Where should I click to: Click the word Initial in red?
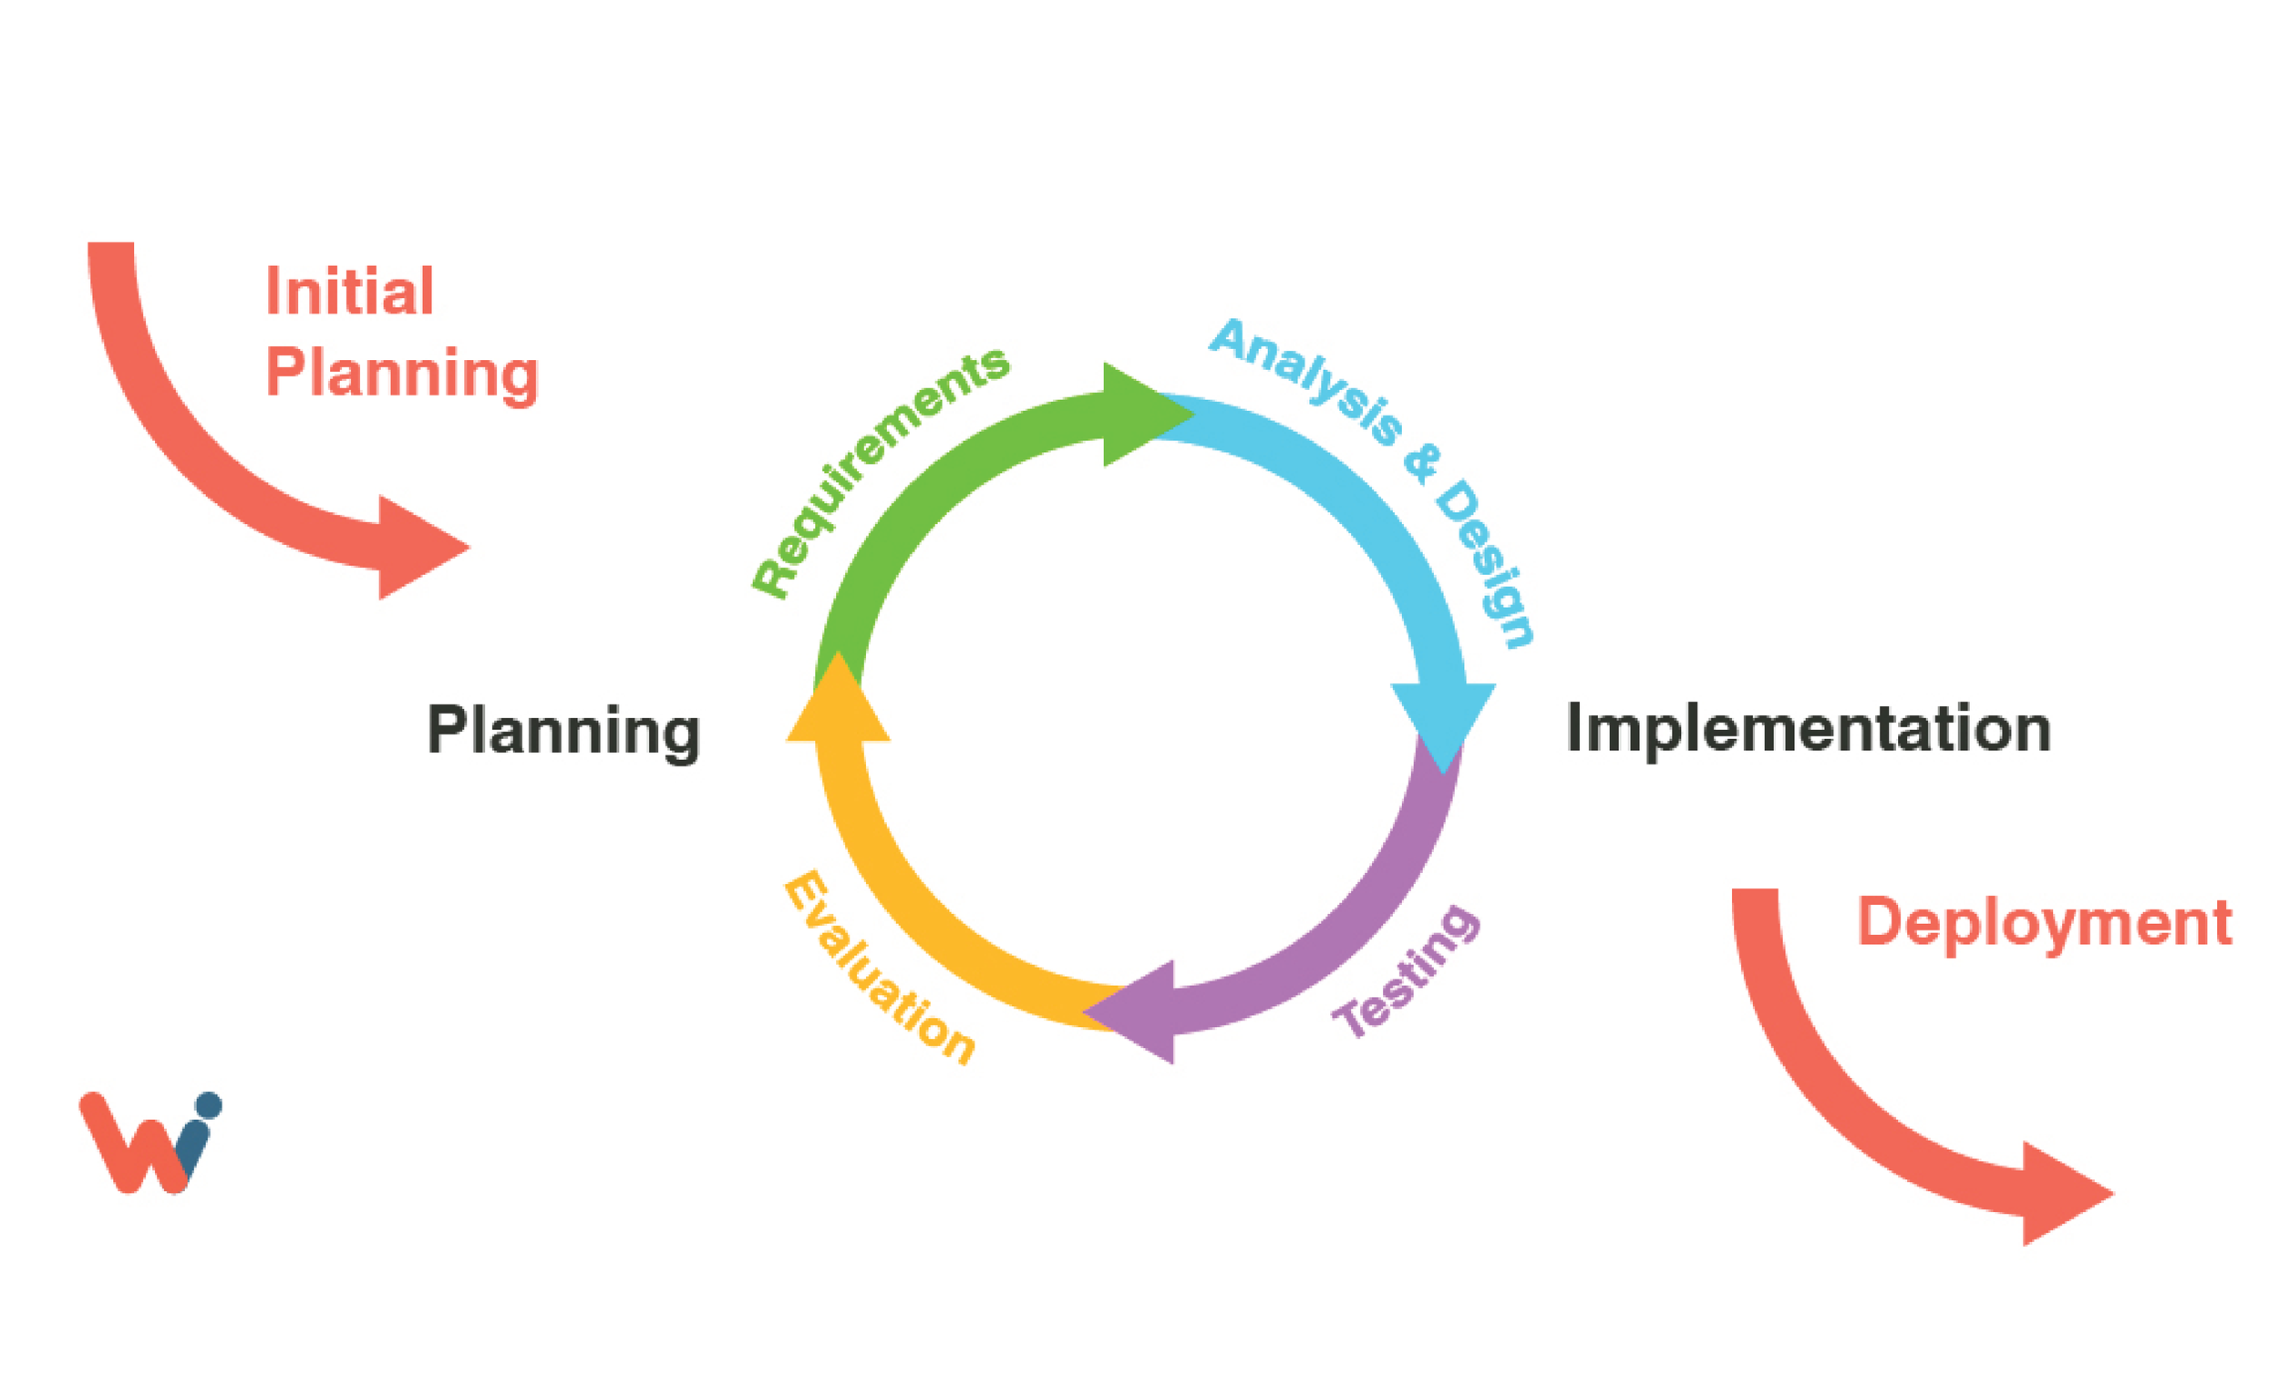[349, 293]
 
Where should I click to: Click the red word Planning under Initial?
[401, 374]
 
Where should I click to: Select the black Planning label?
[562, 732]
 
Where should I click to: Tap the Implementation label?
[1809, 729]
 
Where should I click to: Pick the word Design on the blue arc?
[1484, 563]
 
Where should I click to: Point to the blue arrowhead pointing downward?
[1443, 721]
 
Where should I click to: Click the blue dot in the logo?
[208, 1105]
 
